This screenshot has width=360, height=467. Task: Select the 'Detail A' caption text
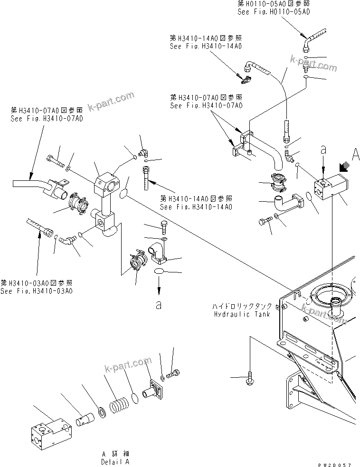[x=114, y=461]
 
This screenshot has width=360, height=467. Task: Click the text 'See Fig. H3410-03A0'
[x=37, y=291]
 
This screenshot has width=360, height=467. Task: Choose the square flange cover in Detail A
[x=155, y=391]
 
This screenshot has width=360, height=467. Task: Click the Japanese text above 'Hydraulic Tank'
[x=243, y=307]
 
